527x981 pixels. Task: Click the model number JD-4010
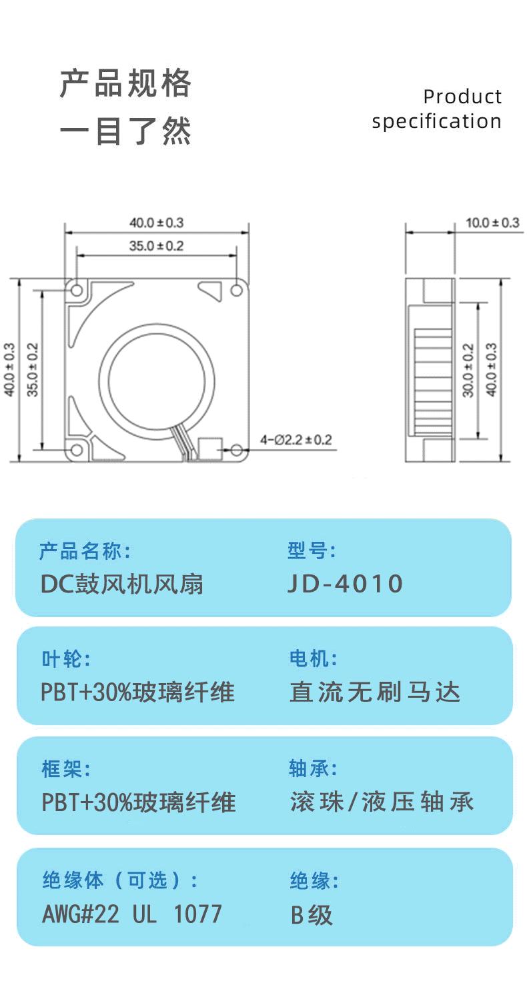(345, 584)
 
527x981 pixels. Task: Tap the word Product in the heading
(462, 97)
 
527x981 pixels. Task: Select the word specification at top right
(436, 121)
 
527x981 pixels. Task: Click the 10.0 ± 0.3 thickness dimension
(492, 223)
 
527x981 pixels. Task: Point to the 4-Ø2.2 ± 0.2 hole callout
(296, 440)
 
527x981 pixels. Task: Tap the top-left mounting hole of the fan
(77, 290)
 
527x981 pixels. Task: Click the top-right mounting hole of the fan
(236, 290)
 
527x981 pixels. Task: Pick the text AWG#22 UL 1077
(131, 914)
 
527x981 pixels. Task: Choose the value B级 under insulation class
(312, 914)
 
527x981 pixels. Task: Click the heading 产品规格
(126, 84)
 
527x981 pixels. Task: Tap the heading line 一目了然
(126, 130)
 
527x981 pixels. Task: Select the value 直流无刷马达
(375, 692)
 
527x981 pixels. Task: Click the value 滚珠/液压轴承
(382, 802)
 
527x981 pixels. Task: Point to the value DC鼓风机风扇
(122, 584)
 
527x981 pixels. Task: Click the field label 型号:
(312, 551)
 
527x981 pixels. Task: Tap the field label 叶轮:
(65, 659)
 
